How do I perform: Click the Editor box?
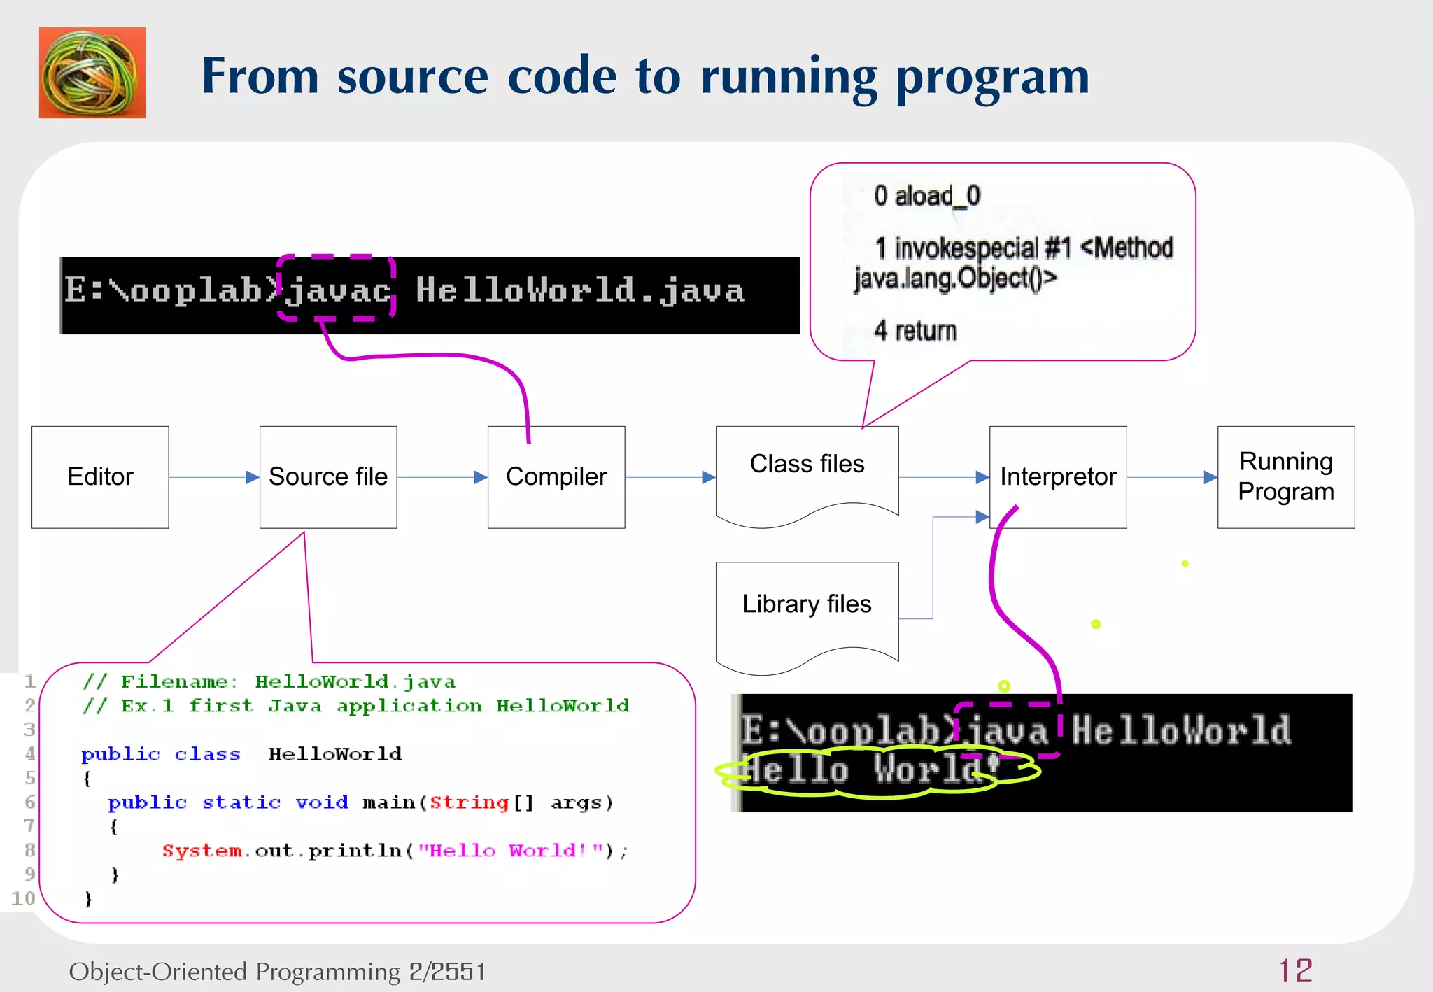[x=100, y=476]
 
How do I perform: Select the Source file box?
[x=327, y=476]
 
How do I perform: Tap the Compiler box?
[x=556, y=476]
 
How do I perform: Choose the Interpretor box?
[x=1057, y=476]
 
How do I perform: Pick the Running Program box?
[x=1285, y=476]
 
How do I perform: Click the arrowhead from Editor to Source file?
[x=253, y=477]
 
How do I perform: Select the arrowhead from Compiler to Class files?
[x=708, y=477]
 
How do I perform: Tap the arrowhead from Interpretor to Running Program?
[x=1210, y=477]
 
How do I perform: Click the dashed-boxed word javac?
[x=337, y=289]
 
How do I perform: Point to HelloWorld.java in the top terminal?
[x=580, y=290]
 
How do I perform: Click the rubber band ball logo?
[x=92, y=73]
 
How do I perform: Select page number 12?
[x=1295, y=970]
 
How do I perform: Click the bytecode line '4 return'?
[x=915, y=331]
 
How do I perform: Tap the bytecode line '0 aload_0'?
[x=926, y=196]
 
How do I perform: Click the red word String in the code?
[x=469, y=802]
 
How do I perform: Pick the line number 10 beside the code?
[x=23, y=898]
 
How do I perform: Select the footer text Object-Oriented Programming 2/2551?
[x=277, y=971]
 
